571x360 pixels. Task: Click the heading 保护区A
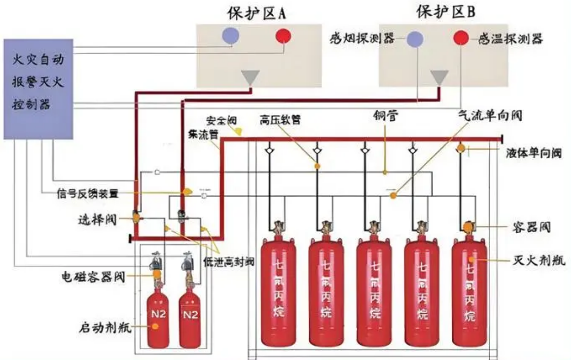tap(258, 12)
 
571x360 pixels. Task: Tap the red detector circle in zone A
tap(283, 36)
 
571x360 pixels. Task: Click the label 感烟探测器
tap(361, 39)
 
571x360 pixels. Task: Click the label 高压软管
tap(280, 120)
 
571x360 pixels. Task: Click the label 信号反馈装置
tap(87, 194)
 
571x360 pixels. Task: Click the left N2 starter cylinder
tap(157, 317)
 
